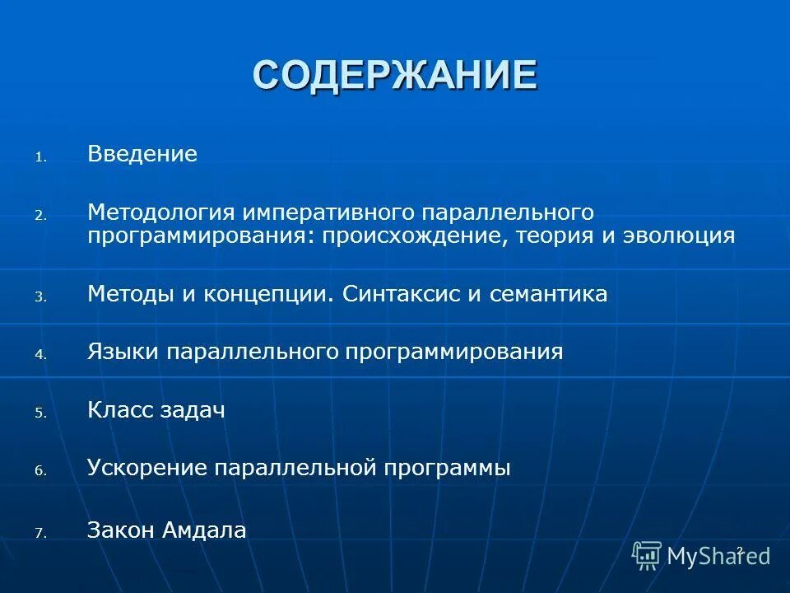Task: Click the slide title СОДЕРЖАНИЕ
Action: tap(395, 75)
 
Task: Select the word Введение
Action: tap(142, 154)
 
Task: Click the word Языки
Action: tap(123, 353)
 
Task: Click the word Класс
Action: tap(120, 410)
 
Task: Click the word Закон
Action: tap(120, 530)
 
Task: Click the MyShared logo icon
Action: tap(647, 555)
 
